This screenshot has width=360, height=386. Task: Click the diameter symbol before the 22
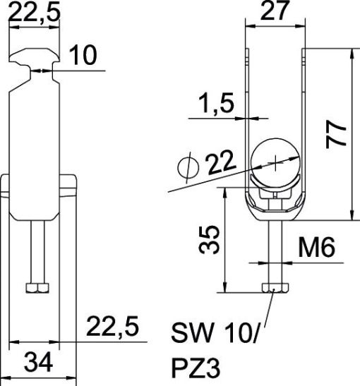187,167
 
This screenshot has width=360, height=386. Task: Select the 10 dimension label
85,56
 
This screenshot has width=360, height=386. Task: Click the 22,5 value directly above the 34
112,327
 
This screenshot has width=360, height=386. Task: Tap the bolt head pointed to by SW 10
275,289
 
